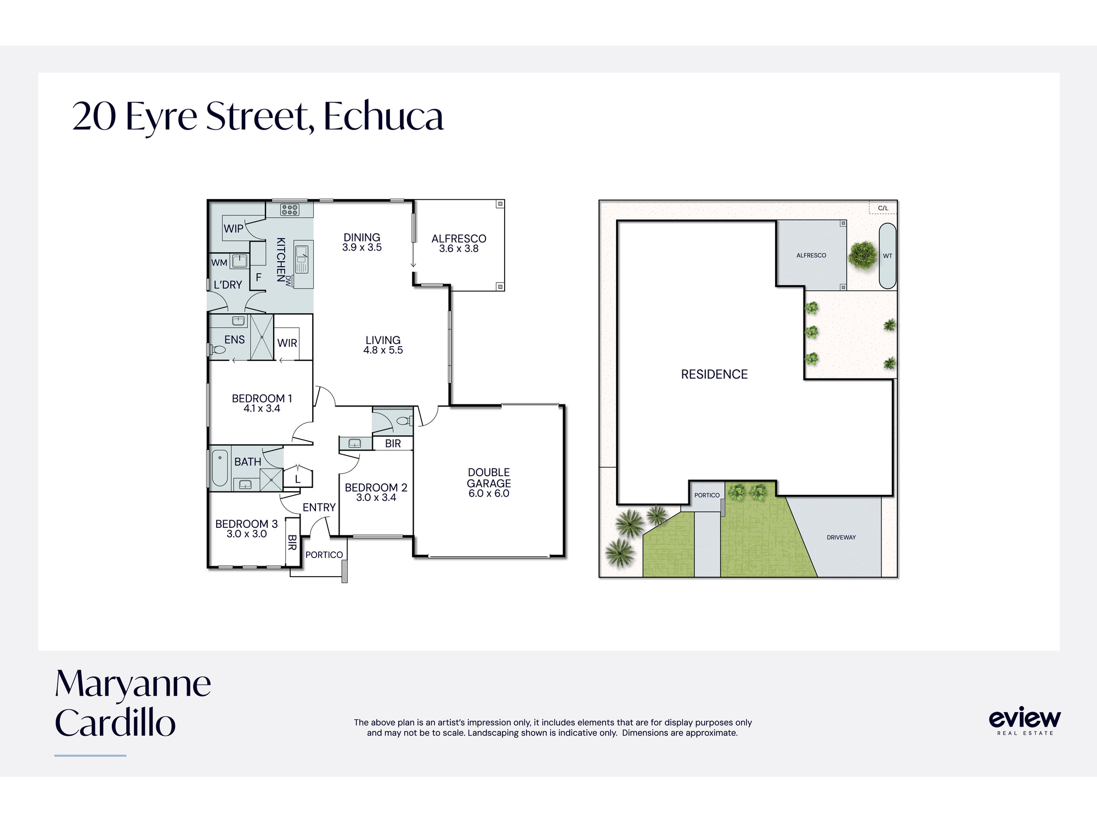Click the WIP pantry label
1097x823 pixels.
tap(234, 229)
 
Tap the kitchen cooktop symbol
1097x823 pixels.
tap(290, 210)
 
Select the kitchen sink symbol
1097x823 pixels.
tap(302, 258)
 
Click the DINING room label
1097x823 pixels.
tap(362, 238)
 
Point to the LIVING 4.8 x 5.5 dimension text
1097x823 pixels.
tap(383, 350)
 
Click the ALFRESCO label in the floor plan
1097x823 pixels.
tap(459, 239)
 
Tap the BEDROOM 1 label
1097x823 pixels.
tap(262, 398)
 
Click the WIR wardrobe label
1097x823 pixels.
tap(287, 343)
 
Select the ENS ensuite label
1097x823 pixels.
tap(234, 340)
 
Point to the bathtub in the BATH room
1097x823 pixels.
tap(219, 468)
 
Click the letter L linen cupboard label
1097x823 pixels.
tap(298, 480)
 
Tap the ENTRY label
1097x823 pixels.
tap(319, 508)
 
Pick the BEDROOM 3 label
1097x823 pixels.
tap(246, 524)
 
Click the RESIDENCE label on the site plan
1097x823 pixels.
tap(714, 374)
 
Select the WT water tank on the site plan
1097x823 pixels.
tap(887, 256)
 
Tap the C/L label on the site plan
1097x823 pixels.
tap(883, 208)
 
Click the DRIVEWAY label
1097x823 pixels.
tap(841, 538)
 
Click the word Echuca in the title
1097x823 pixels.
tap(383, 117)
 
